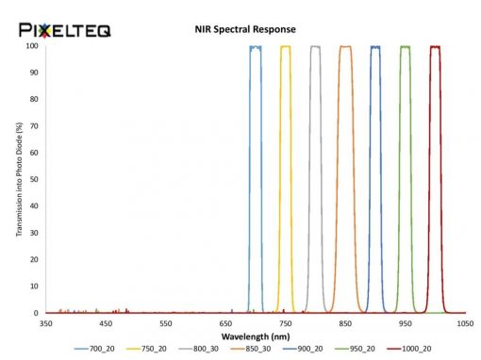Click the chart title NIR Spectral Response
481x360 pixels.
pyautogui.click(x=245, y=29)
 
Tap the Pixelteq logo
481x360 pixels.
pyautogui.click(x=65, y=30)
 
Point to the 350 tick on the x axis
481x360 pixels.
pyautogui.click(x=46, y=323)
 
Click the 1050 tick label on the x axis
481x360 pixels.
pyautogui.click(x=466, y=323)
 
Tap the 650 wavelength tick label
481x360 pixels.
pyautogui.click(x=225, y=323)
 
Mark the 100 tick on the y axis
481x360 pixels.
pyautogui.click(x=32, y=46)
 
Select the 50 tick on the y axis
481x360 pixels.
pyautogui.click(x=34, y=179)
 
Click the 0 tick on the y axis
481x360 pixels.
pyautogui.click(x=36, y=313)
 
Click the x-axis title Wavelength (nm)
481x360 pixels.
pyautogui.click(x=256, y=336)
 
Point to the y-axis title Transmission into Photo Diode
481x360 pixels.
pyautogui.click(x=19, y=179)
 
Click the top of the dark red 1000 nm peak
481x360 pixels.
pyautogui.click(x=436, y=47)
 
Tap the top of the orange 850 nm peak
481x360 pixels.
pyautogui.click(x=345, y=47)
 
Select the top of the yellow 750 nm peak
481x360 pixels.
pyautogui.click(x=286, y=46)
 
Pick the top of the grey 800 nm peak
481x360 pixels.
pyautogui.click(x=315, y=46)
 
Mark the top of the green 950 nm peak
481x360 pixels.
pyautogui.click(x=406, y=47)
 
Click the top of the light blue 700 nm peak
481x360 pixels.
pyautogui.click(x=256, y=47)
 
